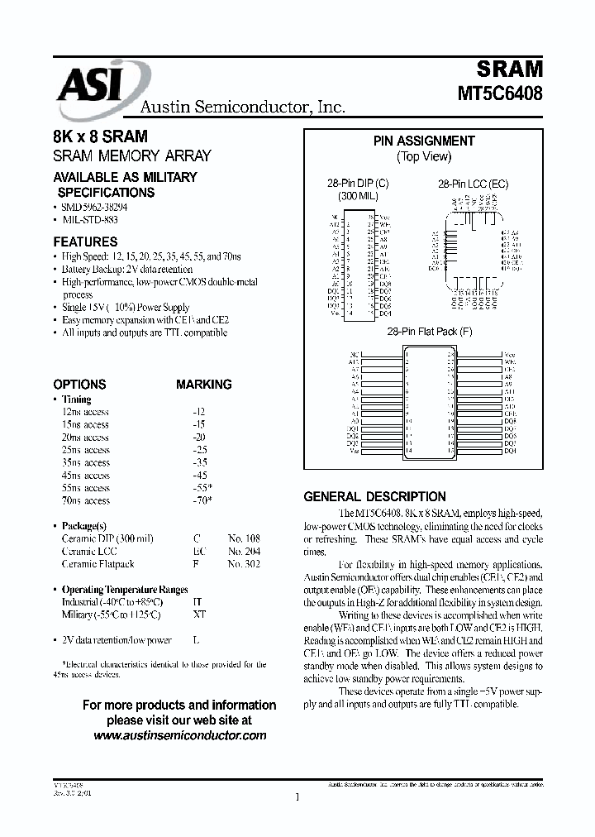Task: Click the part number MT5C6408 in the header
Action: (x=500, y=93)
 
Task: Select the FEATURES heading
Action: (x=85, y=242)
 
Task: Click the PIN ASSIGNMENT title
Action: (x=423, y=141)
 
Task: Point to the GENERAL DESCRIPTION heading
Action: (x=374, y=497)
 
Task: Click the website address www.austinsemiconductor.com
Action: (x=179, y=734)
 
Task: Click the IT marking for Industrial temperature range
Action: (x=196, y=602)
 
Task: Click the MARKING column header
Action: (x=203, y=385)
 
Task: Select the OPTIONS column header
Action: (x=79, y=385)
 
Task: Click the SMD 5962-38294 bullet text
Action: (x=94, y=208)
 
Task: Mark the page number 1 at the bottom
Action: (x=297, y=797)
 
